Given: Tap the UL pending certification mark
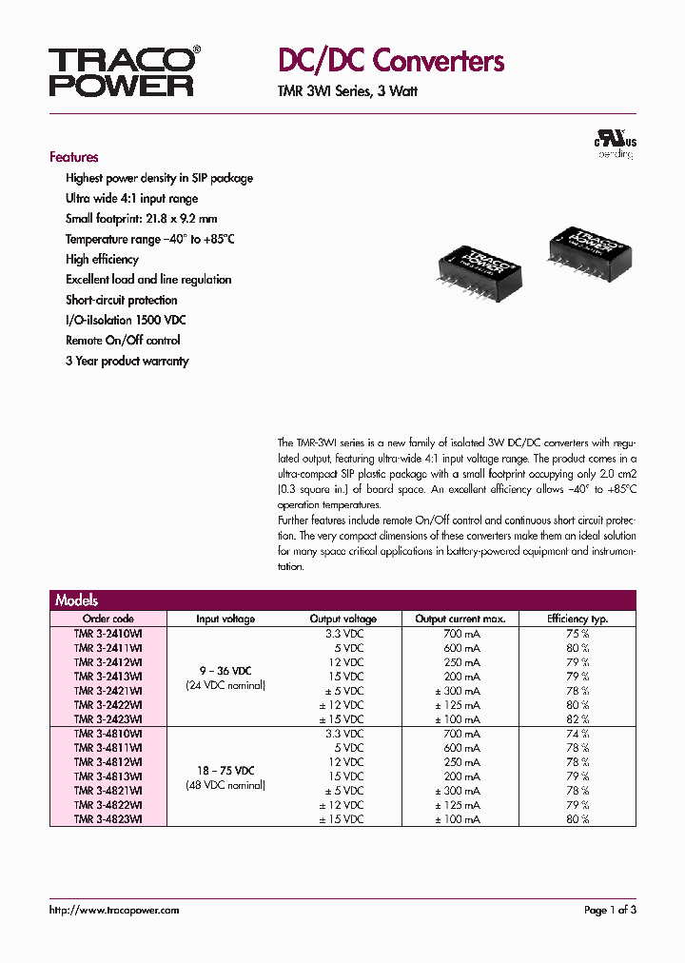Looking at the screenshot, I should tap(616, 146).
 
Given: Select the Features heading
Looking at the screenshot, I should tap(74, 157).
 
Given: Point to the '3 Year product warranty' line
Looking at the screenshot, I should tap(127, 361).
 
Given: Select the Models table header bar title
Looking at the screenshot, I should tap(77, 600).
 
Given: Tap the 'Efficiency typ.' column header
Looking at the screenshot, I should tap(577, 619).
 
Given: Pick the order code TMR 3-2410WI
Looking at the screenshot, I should tap(108, 633).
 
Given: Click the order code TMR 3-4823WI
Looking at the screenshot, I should tap(108, 819).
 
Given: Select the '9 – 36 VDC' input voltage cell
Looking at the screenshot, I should tap(225, 669).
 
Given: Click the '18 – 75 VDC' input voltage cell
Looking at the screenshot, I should tap(225, 770).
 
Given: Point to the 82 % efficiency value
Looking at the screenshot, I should tap(577, 719).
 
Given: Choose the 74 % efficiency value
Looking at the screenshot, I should tap(577, 734).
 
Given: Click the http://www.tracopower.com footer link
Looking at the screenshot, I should tap(114, 910).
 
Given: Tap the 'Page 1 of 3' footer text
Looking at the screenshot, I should tap(609, 910).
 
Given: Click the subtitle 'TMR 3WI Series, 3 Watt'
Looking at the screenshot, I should tap(347, 92).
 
